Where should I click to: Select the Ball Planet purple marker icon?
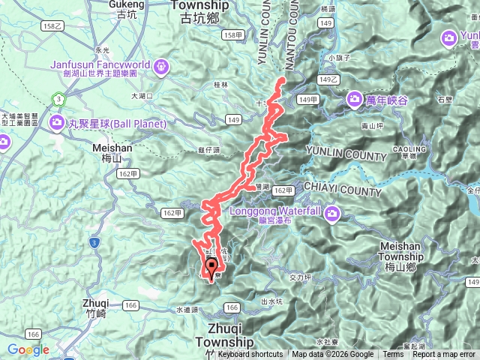tap(57, 121)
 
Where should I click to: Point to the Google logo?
tap(28, 349)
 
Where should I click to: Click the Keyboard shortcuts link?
tap(250, 355)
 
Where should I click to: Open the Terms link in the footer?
tap(392, 355)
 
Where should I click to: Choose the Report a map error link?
tap(444, 355)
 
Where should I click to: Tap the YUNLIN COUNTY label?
tap(346, 157)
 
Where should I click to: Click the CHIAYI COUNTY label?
tap(343, 191)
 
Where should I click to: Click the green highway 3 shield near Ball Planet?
tap(58, 99)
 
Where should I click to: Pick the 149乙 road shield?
tap(329, 79)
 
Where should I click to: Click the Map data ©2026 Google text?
tap(333, 355)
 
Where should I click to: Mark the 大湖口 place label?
tap(142, 96)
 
